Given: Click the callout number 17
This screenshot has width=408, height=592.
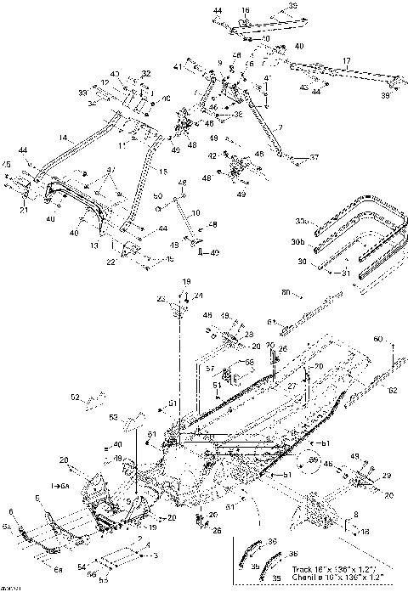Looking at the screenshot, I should pos(347,60).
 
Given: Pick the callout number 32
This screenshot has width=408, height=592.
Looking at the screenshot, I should pos(145,73).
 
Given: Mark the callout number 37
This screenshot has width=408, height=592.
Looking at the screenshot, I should pos(314,158).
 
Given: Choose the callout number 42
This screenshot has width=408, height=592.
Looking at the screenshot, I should pos(212,156).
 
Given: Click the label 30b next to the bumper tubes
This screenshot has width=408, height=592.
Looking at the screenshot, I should pos(297,241).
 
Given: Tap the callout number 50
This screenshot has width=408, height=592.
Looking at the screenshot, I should pos(157,197).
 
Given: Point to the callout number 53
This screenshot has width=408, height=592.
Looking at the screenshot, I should pos(112,417).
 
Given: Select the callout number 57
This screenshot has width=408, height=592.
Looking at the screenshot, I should pos(208,369).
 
